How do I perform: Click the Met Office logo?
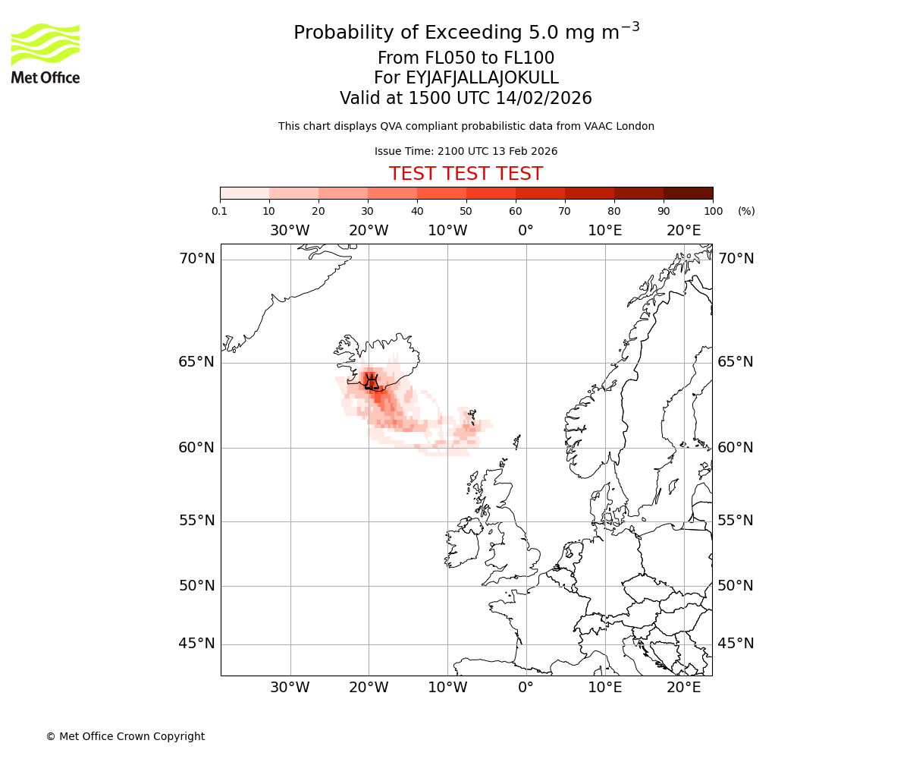tap(45, 53)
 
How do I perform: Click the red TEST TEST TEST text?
tap(466, 174)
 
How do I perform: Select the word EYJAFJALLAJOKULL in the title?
tap(482, 78)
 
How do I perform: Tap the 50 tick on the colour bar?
tap(466, 211)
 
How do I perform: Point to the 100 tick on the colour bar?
tap(713, 211)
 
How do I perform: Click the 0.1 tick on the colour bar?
tap(220, 211)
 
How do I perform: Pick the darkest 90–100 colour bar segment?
tap(688, 193)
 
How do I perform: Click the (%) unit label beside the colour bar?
tap(746, 211)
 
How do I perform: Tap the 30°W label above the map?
tap(290, 231)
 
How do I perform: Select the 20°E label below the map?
tap(683, 688)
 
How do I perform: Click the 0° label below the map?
tap(526, 688)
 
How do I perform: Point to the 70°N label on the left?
tap(196, 259)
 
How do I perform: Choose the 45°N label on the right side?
tap(736, 644)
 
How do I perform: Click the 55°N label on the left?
tap(196, 521)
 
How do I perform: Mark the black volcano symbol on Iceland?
tap(371, 382)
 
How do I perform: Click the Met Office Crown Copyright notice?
tap(125, 736)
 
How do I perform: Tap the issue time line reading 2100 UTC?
tap(466, 151)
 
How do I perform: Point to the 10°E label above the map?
tap(604, 231)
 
